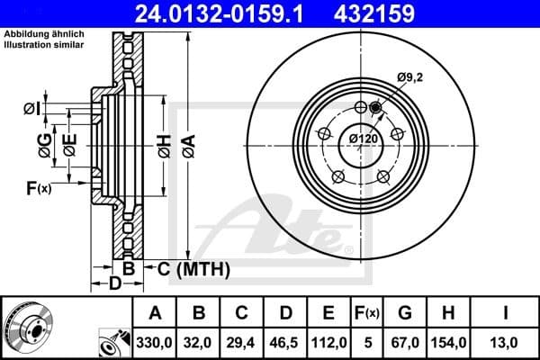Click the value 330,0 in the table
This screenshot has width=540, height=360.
coord(155,343)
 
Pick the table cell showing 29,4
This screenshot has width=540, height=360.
coord(242,343)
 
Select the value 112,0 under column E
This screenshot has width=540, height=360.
coord(328,343)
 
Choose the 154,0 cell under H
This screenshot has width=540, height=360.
coord(447,343)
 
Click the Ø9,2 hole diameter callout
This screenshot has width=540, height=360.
coord(409,78)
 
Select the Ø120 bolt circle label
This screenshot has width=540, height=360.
coord(363,139)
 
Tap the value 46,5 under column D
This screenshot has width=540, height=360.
coord(285,343)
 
